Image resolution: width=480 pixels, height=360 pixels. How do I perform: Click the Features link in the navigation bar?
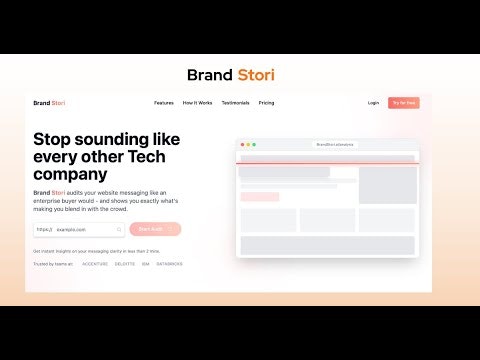(x=164, y=103)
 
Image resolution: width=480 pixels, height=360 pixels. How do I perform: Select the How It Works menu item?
(x=198, y=103)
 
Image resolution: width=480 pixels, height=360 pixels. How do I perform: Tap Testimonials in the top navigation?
(x=236, y=103)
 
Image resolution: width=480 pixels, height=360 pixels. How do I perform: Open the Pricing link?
(x=267, y=103)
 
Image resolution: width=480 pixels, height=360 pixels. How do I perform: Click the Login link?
(x=373, y=103)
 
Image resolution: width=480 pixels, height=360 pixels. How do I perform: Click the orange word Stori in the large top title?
(x=256, y=75)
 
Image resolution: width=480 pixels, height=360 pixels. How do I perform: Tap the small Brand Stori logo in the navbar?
(x=49, y=103)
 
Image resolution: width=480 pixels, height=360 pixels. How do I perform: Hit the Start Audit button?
(x=154, y=229)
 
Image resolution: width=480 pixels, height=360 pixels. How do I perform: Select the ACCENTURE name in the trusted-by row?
(x=95, y=265)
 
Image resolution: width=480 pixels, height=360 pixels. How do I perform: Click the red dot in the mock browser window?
(x=241, y=145)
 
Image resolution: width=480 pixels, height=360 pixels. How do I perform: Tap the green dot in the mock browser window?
(x=254, y=145)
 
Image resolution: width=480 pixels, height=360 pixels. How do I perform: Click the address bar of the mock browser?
(x=334, y=145)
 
